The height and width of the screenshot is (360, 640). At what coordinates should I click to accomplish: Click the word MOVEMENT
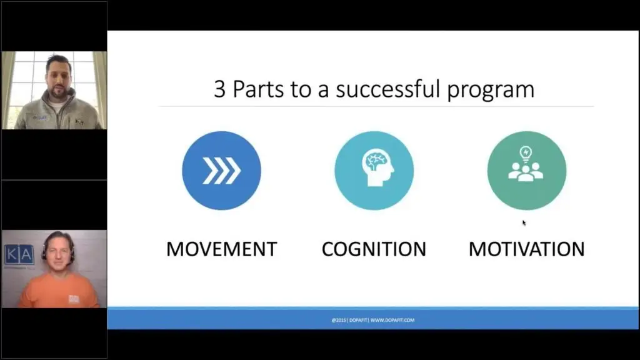[x=222, y=249]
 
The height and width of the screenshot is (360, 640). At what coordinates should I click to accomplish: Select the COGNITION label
[x=374, y=249]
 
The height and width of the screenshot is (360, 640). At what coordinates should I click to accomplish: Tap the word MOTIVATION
[x=526, y=249]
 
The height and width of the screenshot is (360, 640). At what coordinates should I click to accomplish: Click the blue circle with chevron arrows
[x=222, y=171]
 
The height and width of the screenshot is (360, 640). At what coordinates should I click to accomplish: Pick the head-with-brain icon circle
[x=374, y=171]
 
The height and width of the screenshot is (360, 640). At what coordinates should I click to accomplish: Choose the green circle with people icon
[x=527, y=171]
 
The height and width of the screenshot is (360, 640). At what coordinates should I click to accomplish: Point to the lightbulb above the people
[x=526, y=154]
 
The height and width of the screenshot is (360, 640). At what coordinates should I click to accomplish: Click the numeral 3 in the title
[x=219, y=89]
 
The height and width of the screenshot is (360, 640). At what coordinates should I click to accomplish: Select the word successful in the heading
[x=388, y=89]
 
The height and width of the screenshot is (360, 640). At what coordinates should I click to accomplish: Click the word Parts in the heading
[x=258, y=89]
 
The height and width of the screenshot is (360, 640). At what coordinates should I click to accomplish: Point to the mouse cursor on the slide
[x=524, y=223]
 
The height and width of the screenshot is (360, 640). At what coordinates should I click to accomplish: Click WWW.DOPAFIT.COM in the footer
[x=392, y=321]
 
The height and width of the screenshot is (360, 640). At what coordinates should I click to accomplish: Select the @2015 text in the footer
[x=339, y=321]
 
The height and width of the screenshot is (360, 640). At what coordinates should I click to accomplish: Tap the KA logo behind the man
[x=19, y=255]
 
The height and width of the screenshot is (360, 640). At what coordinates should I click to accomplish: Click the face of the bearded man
[x=57, y=78]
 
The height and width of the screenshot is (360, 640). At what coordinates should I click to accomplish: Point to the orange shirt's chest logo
[x=74, y=299]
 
